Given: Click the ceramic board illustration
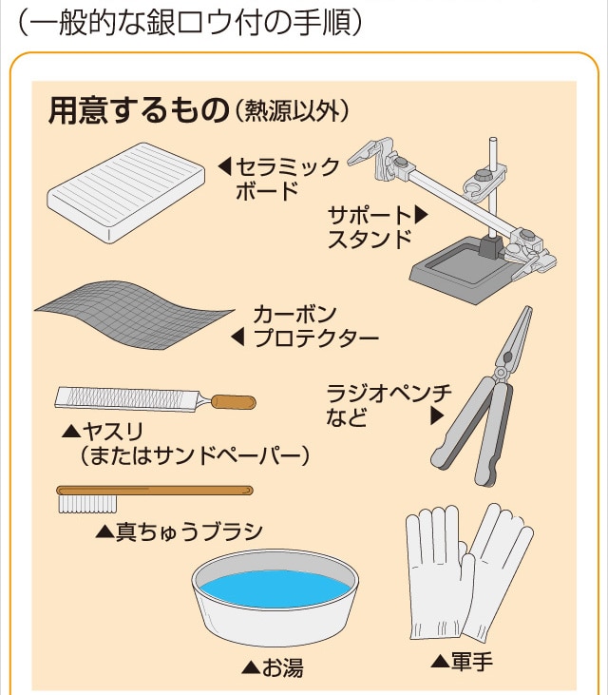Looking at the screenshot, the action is (126, 193).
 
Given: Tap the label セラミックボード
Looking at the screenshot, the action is (287, 179).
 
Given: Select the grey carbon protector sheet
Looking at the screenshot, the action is (133, 314).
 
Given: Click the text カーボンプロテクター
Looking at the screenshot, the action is (316, 326).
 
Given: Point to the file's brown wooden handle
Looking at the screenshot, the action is (234, 401).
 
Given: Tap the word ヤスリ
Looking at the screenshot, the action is (113, 431).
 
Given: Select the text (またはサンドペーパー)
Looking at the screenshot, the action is (195, 455).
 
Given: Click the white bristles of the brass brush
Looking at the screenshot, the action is (87, 504).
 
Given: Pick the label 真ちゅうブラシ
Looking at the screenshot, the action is (190, 531).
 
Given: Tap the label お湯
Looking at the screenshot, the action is (282, 667).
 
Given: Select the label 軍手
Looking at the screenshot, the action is (471, 661).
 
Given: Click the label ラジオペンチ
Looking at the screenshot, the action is (389, 393).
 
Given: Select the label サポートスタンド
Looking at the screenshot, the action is (370, 227).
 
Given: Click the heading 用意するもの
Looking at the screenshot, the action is (139, 110).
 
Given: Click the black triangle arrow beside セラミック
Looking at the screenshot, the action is (224, 167).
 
